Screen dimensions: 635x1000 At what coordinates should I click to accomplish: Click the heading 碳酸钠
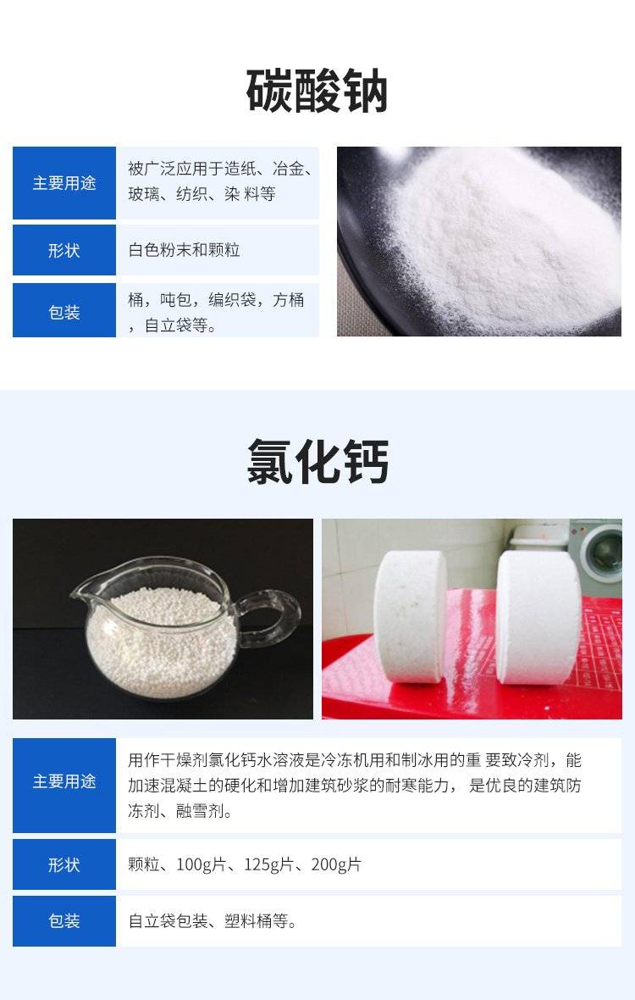click(x=317, y=92)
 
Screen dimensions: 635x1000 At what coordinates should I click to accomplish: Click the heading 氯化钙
click(x=317, y=461)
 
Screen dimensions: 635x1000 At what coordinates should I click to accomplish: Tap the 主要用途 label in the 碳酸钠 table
click(x=64, y=183)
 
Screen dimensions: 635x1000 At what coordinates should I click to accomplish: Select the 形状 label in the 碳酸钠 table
click(x=64, y=250)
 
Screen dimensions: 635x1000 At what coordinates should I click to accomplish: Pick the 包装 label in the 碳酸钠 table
click(x=64, y=312)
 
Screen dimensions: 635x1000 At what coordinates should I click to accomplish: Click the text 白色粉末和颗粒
click(x=184, y=250)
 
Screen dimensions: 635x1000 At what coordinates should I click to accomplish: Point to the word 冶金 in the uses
click(x=289, y=169)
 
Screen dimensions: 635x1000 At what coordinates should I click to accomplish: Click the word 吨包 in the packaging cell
click(x=176, y=299)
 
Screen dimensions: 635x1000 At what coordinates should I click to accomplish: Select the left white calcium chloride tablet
click(x=410, y=616)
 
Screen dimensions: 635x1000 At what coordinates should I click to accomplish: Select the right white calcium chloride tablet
click(x=538, y=617)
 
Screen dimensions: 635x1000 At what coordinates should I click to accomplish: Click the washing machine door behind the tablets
click(x=604, y=549)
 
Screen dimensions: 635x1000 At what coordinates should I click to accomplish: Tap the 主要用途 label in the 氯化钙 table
click(x=64, y=781)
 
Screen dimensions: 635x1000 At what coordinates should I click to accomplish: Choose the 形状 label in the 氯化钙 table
click(x=64, y=864)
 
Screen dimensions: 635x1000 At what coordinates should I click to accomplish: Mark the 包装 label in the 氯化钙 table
click(x=64, y=921)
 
